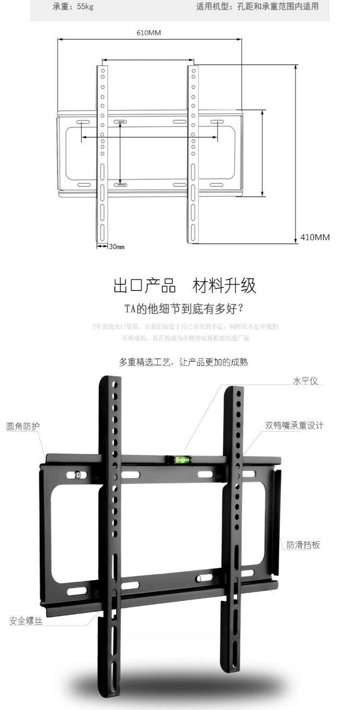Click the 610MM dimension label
pyautogui.click(x=149, y=33)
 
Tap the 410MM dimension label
pyautogui.click(x=315, y=237)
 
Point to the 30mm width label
pyautogui.click(x=117, y=247)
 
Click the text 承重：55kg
pyautogui.click(x=73, y=7)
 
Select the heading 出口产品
pyautogui.click(x=144, y=286)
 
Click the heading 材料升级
pyautogui.click(x=224, y=286)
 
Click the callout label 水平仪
pyautogui.click(x=305, y=381)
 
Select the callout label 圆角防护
pyautogui.click(x=23, y=426)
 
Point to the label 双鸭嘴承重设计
pyautogui.click(x=294, y=425)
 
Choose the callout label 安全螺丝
pyautogui.click(x=26, y=621)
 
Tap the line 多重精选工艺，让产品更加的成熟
pyautogui.click(x=183, y=362)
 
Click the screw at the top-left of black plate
pyautogui.click(x=78, y=475)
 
